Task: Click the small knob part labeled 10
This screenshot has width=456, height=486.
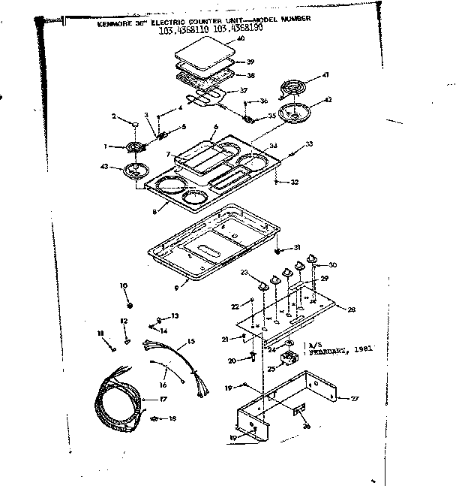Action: click(x=130, y=306)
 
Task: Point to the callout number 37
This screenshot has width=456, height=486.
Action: click(x=243, y=91)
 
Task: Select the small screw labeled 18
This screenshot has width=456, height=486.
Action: click(x=154, y=418)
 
